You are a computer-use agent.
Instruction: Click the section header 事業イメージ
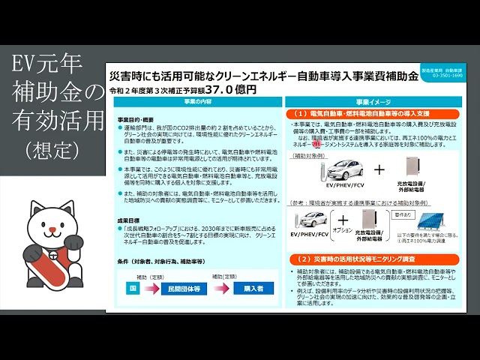372,101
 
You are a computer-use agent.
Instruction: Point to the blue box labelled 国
130,287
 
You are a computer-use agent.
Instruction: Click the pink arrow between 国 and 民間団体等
156,287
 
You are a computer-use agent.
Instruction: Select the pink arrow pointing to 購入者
224,287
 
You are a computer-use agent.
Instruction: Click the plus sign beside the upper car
379,169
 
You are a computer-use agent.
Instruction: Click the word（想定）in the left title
52,150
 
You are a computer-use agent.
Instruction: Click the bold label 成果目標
129,220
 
